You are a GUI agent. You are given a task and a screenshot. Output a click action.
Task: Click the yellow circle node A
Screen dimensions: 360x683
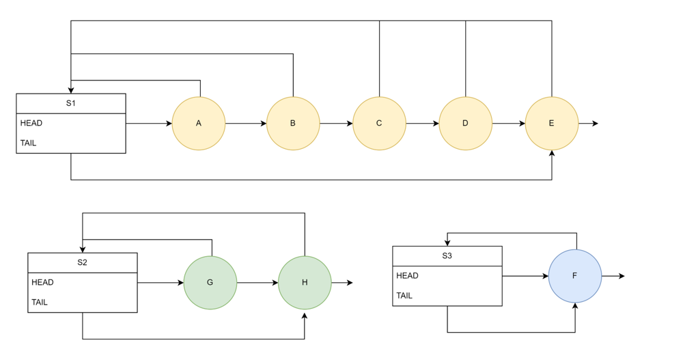pyautogui.click(x=199, y=124)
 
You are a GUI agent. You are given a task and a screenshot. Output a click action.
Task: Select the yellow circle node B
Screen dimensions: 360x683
pyautogui.click(x=293, y=124)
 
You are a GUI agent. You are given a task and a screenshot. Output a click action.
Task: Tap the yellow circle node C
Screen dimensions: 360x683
pyautogui.click(x=379, y=124)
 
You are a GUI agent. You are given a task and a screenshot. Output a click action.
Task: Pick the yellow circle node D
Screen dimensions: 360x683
pyautogui.click(x=465, y=124)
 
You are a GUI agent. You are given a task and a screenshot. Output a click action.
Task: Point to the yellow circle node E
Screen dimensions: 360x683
pyautogui.click(x=551, y=124)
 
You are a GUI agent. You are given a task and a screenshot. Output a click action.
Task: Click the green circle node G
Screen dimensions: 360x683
pyautogui.click(x=210, y=283)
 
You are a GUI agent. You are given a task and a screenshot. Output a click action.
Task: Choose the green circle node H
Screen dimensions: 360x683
pyautogui.click(x=305, y=283)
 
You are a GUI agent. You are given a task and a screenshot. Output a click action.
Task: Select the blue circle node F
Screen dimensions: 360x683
pyautogui.click(x=575, y=276)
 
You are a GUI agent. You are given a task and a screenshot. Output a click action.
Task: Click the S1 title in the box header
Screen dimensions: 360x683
pyautogui.click(x=71, y=103)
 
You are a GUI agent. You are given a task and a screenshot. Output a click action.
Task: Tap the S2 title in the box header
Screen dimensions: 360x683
pyautogui.click(x=83, y=262)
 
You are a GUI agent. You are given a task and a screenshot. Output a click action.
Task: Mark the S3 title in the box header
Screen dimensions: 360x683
pyautogui.click(x=447, y=256)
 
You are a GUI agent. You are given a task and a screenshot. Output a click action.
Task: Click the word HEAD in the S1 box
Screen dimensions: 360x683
pyautogui.click(x=31, y=124)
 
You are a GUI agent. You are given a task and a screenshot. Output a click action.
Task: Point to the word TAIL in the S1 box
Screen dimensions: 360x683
pyautogui.click(x=29, y=143)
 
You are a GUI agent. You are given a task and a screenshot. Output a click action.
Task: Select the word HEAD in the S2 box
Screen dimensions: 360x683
pyautogui.click(x=42, y=283)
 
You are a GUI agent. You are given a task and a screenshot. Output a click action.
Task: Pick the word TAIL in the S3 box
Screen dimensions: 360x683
pyautogui.click(x=404, y=296)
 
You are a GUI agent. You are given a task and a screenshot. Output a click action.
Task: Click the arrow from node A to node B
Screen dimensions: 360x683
pyautogui.click(x=246, y=124)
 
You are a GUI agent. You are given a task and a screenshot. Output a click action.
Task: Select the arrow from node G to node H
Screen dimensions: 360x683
pyautogui.click(x=257, y=283)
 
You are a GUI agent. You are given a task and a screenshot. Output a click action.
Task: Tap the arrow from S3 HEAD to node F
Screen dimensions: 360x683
pyautogui.click(x=525, y=276)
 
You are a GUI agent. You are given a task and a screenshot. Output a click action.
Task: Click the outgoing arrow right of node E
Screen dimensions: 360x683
pyautogui.click(x=588, y=124)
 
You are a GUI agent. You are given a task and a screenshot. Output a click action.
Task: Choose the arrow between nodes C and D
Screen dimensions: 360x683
pyautogui.click(x=422, y=124)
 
